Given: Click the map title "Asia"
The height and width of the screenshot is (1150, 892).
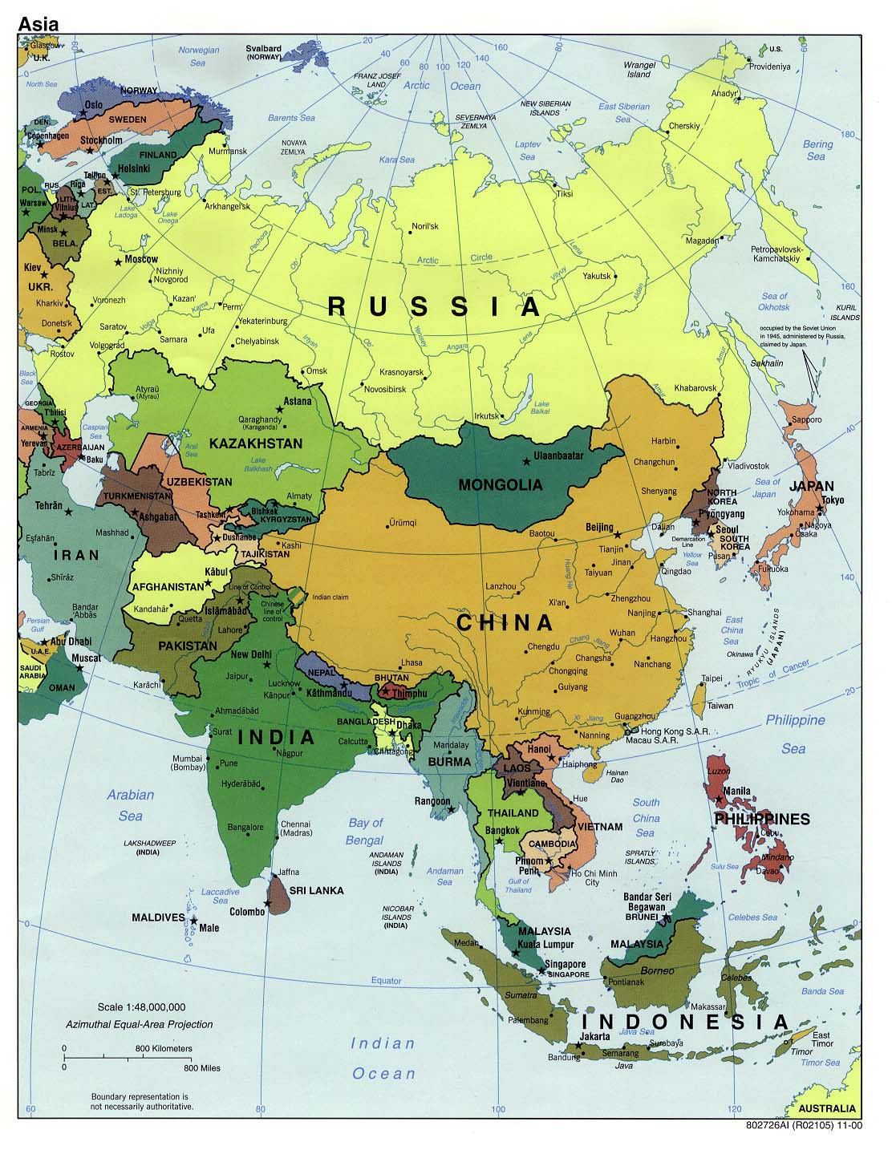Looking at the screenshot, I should [x=38, y=24].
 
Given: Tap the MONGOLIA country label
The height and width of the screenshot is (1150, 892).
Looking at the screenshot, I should [x=500, y=484].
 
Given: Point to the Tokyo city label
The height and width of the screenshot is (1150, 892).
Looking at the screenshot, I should [x=833, y=500].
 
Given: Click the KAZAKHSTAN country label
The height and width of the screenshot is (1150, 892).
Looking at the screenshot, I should [x=255, y=443].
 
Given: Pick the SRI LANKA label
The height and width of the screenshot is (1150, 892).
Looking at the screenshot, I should [x=316, y=890].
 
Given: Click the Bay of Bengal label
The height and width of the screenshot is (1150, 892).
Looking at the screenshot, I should [x=365, y=831].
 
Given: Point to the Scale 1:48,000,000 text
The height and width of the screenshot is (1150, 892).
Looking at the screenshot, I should [x=141, y=1007].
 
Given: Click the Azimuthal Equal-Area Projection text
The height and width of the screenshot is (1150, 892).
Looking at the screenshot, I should [x=140, y=1024].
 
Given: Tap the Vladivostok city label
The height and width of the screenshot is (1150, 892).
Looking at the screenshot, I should [x=748, y=466].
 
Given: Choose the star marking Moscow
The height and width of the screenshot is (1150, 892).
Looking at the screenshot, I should [x=119, y=261].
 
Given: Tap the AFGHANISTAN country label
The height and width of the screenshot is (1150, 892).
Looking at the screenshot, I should [x=168, y=587].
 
